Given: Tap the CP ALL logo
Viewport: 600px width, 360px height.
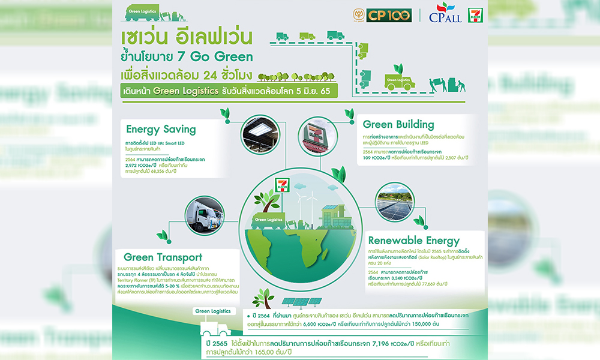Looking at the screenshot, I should pyautogui.click(x=445, y=15).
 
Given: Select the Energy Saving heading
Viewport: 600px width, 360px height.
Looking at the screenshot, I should pyautogui.click(x=161, y=128).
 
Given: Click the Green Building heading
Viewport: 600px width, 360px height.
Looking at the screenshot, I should pyautogui.click(x=398, y=125).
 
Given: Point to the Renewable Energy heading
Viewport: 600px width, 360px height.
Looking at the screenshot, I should pyautogui.click(x=413, y=241).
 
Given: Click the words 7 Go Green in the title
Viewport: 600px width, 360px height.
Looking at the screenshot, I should pyautogui.click(x=218, y=58).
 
